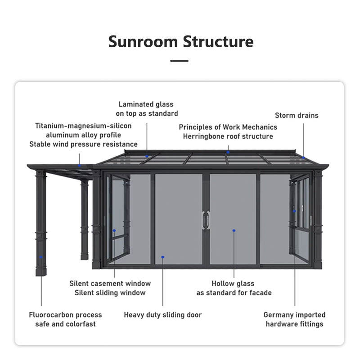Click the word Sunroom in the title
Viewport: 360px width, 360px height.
click(x=143, y=41)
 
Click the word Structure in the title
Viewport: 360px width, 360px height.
click(x=218, y=41)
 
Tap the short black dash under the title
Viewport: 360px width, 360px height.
click(x=180, y=61)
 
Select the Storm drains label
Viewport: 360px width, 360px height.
click(x=297, y=116)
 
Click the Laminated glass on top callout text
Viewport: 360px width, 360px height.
click(x=147, y=109)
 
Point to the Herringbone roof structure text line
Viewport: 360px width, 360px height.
click(x=228, y=136)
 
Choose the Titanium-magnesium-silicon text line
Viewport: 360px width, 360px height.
click(x=83, y=126)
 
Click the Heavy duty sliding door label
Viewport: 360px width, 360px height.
click(x=163, y=315)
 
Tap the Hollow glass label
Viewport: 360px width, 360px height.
click(x=233, y=284)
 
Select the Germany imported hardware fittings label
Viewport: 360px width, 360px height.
click(x=294, y=319)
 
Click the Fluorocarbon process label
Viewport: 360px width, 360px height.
click(x=65, y=315)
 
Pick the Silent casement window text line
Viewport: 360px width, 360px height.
click(x=110, y=283)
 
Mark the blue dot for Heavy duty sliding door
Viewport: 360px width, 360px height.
click(x=163, y=257)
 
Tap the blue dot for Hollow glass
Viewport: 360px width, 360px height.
click(x=234, y=230)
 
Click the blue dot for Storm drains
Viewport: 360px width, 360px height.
click(x=303, y=157)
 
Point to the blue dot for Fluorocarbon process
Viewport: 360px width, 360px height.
click(x=41, y=257)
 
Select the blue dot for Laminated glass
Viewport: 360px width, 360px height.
click(x=147, y=156)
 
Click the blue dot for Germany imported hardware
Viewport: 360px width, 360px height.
click(x=295, y=211)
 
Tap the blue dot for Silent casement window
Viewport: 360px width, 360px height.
click(x=114, y=230)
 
